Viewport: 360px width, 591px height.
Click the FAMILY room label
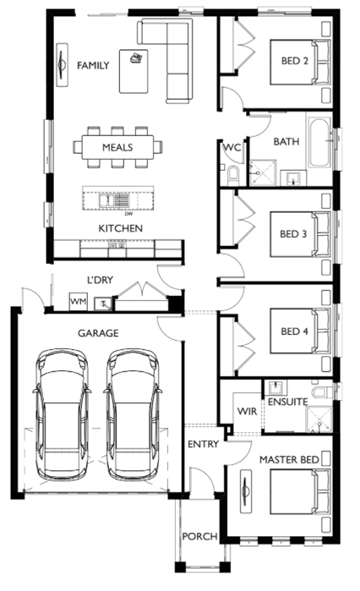click(93, 66)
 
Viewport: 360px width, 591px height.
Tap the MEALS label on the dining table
click(117, 147)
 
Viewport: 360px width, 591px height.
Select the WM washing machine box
click(79, 302)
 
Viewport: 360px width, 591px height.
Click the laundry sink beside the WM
click(103, 304)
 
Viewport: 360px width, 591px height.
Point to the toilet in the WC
click(233, 175)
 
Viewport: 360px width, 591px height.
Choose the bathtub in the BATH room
click(319, 143)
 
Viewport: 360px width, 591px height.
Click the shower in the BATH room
click(263, 173)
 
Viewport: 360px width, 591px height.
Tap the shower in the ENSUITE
click(319, 419)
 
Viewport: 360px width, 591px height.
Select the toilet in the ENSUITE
click(322, 391)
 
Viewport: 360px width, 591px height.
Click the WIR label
click(247, 411)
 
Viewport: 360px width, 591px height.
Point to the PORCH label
click(200, 536)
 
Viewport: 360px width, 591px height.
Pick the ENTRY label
click(204, 444)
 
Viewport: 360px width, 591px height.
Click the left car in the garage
click(63, 413)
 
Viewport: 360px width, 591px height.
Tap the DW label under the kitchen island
click(128, 214)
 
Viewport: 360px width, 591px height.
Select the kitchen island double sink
click(114, 200)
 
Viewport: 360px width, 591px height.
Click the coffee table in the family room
click(134, 71)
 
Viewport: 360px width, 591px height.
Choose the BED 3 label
click(293, 234)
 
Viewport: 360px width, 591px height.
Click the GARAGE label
click(98, 333)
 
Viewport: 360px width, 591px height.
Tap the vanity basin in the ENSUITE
click(276, 387)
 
